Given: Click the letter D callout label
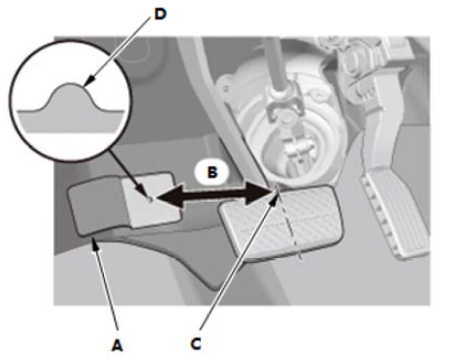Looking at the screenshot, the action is pyautogui.click(x=160, y=15).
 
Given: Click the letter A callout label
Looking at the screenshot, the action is pyautogui.click(x=117, y=345).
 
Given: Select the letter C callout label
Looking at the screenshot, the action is pyautogui.click(x=196, y=344).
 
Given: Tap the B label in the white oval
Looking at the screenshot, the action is pyautogui.click(x=212, y=172).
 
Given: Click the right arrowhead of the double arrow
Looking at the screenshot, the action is pyautogui.click(x=258, y=193).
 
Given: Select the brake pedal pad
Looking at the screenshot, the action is pyautogui.click(x=280, y=221).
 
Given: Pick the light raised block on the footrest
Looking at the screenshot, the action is pyautogui.click(x=150, y=199).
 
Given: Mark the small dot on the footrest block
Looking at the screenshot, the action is pyautogui.click(x=149, y=200).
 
